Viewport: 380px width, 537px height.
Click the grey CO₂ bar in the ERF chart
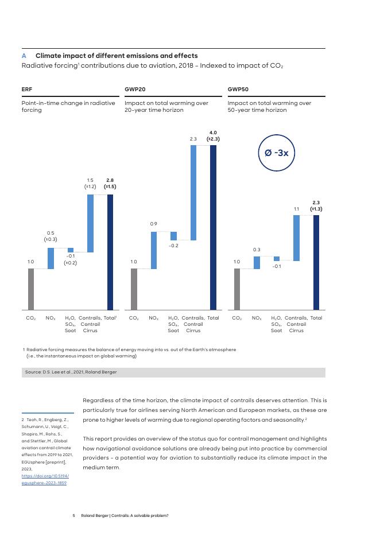(x=31, y=289)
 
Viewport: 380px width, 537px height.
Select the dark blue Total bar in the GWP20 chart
(x=213, y=227)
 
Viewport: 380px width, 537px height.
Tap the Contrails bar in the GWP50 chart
(x=296, y=238)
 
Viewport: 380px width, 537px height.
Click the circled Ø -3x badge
(x=276, y=153)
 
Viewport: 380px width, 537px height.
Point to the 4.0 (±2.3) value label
(x=213, y=136)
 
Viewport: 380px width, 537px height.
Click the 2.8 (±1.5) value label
(x=110, y=184)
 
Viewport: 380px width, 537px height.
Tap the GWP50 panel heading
(x=238, y=89)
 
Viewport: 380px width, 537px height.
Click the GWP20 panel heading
(x=135, y=89)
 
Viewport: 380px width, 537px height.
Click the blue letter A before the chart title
(x=24, y=56)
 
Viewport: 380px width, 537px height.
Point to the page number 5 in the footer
(x=74, y=515)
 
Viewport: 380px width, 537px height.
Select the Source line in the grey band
(x=71, y=372)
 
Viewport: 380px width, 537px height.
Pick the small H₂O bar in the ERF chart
(x=71, y=250)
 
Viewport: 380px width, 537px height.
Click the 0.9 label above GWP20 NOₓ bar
(x=154, y=223)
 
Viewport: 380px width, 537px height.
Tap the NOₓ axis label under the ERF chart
(x=51, y=318)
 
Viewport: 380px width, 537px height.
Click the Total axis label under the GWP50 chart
(x=316, y=318)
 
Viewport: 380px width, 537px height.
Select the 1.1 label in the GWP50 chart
(x=296, y=209)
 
